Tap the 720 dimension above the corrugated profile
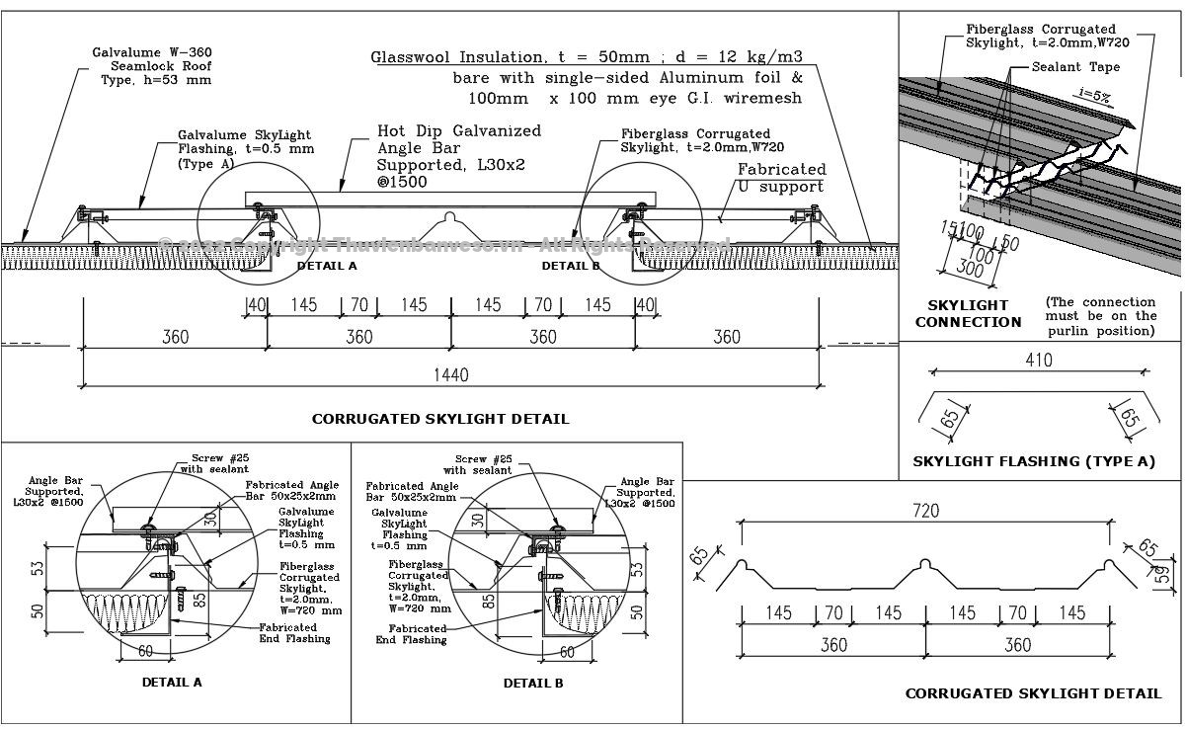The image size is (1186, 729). tap(925, 511)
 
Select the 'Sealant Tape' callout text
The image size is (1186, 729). tap(1075, 67)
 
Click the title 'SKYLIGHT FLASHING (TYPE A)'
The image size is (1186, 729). tap(1033, 461)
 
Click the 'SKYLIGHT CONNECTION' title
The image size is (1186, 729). tap(968, 313)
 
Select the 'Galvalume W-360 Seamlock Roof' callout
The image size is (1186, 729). tap(151, 65)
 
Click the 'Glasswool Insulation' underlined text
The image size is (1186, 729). tap(458, 57)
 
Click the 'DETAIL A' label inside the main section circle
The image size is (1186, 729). tap(327, 266)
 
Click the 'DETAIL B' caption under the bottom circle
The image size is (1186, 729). tap(533, 683)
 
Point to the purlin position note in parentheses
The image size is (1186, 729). tap(1100, 316)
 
